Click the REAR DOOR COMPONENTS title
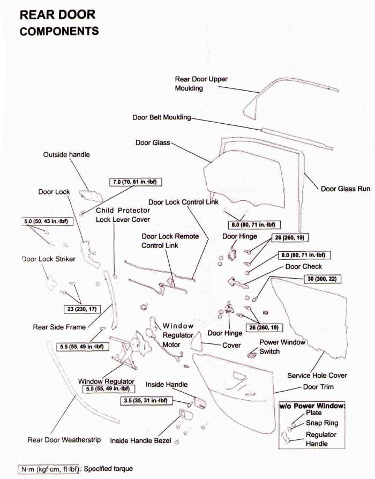pyautogui.click(x=59, y=23)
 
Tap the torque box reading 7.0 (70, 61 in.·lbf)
pyautogui.click(x=136, y=182)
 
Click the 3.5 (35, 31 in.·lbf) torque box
pyautogui.click(x=146, y=400)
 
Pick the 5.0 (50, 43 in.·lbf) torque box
pyautogui.click(x=47, y=221)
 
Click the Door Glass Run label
pyautogui.click(x=346, y=189)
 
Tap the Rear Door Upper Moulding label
pyautogui.click(x=201, y=84)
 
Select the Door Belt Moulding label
pyautogui.click(x=162, y=117)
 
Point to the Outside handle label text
pyautogui.click(x=66, y=154)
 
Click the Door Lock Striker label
pyautogui.click(x=49, y=259)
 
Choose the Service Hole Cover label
pyautogui.click(x=317, y=376)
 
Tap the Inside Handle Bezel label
pyautogui.click(x=140, y=440)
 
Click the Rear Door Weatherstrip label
pyautogui.click(x=64, y=440)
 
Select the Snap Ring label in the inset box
pyautogui.click(x=322, y=423)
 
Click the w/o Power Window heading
pyautogui.click(x=312, y=406)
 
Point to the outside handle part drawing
pyautogui.click(x=90, y=195)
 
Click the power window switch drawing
pyautogui.click(x=252, y=354)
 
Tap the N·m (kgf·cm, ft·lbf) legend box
pyautogui.click(x=49, y=469)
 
